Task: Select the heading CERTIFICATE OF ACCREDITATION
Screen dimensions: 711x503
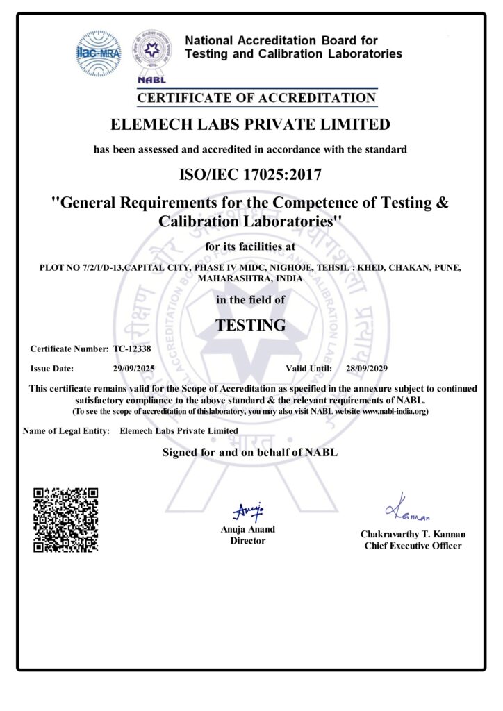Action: (x=256, y=98)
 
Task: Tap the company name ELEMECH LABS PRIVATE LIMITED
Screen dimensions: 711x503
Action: (x=250, y=125)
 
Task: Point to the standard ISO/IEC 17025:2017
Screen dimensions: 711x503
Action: (x=250, y=174)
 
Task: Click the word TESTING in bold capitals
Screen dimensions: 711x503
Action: (x=250, y=324)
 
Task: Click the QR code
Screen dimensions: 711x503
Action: (x=66, y=520)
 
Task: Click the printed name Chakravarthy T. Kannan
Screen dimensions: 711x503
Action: (x=413, y=535)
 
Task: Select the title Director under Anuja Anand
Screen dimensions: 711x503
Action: (x=247, y=541)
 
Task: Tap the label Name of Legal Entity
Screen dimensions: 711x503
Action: (x=67, y=430)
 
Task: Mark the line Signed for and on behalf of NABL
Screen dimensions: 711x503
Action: (x=250, y=453)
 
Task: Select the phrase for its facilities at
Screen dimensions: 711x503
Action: (x=250, y=247)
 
